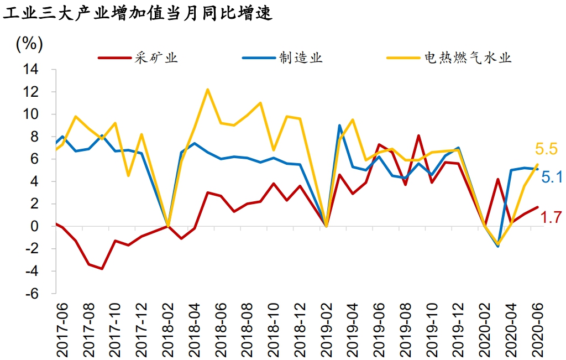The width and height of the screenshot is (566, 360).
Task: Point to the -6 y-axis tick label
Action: [x=30, y=294]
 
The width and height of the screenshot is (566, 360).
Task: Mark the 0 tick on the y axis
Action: [x=34, y=226]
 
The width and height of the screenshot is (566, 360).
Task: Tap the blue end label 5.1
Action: [x=551, y=177]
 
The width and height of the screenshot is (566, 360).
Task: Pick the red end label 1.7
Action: [x=551, y=218]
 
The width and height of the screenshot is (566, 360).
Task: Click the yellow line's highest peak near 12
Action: [x=207, y=90]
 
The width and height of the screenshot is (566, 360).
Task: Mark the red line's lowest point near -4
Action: [x=102, y=269]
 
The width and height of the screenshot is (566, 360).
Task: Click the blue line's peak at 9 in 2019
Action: [x=339, y=126]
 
